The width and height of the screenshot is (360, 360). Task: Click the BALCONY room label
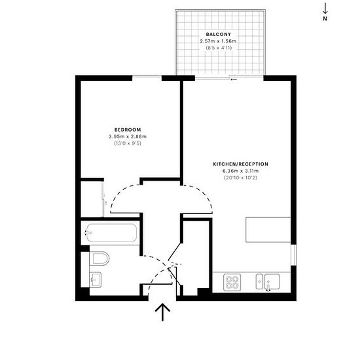click(x=219, y=35)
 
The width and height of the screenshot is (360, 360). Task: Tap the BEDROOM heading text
click(x=128, y=130)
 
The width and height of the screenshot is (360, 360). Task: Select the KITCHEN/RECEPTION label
click(x=241, y=164)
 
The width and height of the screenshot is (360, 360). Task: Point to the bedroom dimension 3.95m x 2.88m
click(x=128, y=137)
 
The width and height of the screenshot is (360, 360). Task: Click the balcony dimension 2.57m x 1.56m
click(x=218, y=41)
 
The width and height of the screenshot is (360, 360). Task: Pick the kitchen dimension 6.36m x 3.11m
click(x=241, y=171)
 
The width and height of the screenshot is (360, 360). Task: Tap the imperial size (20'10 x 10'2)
click(x=241, y=177)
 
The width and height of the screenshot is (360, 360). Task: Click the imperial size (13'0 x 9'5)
click(x=128, y=143)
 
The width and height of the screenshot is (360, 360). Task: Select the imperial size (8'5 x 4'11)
click(x=219, y=48)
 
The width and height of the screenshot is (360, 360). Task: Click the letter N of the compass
click(x=325, y=19)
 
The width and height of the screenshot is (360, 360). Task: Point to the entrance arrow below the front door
click(x=162, y=312)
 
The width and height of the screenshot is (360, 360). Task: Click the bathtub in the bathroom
click(x=111, y=233)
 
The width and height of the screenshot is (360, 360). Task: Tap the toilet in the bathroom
click(x=99, y=259)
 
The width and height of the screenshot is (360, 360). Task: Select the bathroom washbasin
click(x=96, y=279)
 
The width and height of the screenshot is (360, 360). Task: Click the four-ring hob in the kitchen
click(x=232, y=282)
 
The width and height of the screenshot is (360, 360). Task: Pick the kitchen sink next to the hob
click(x=268, y=281)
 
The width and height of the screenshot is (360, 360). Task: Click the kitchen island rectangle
click(x=268, y=230)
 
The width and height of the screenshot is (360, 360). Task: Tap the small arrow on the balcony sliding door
click(x=234, y=79)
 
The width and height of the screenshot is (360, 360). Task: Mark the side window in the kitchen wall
click(x=294, y=255)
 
